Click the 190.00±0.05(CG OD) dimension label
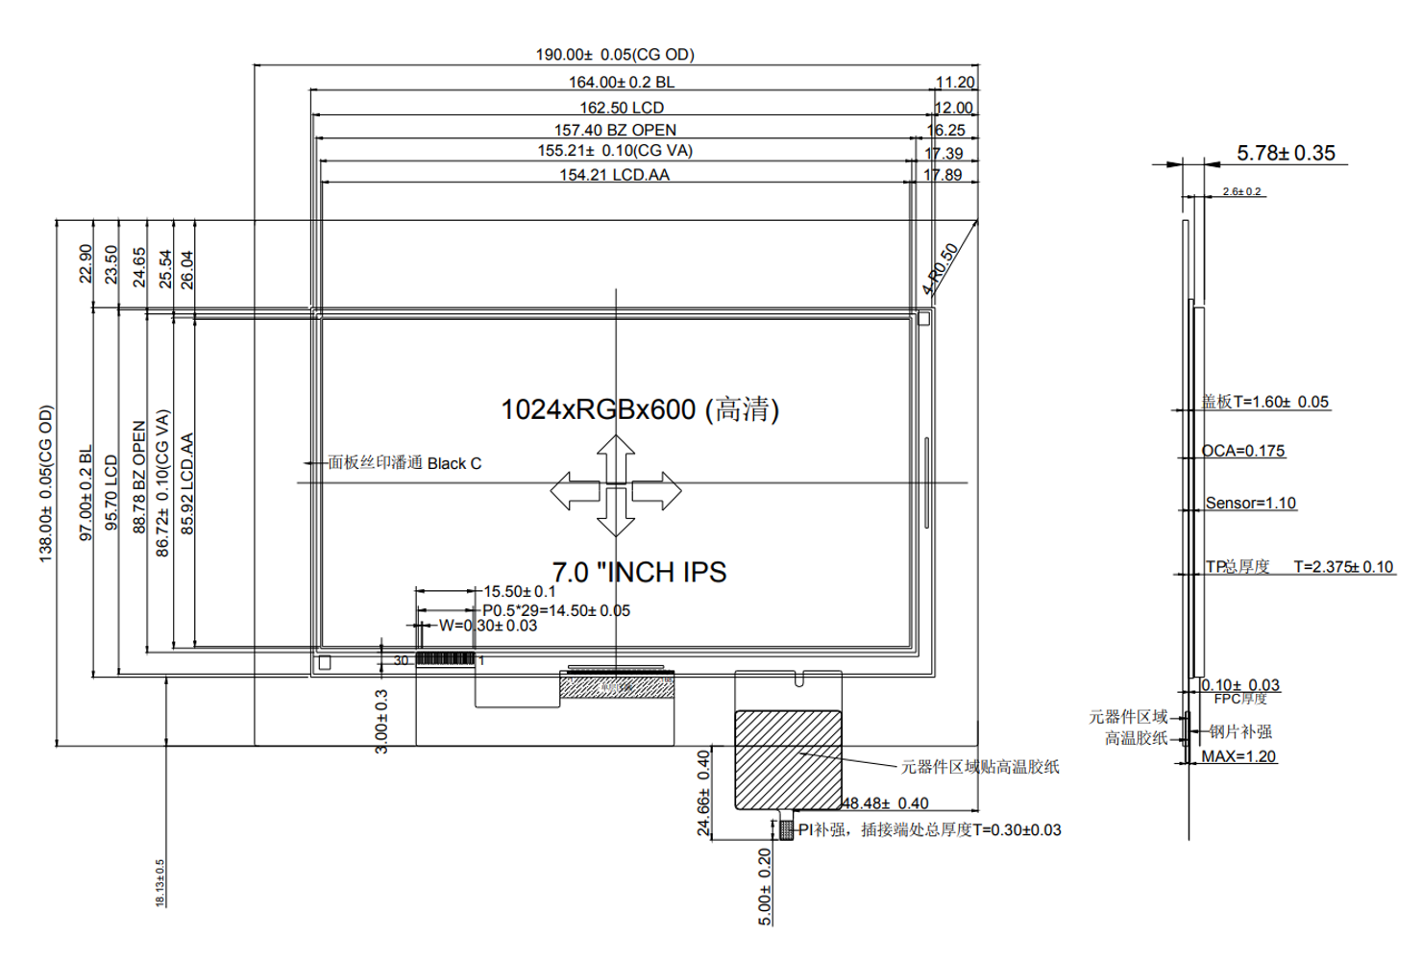coord(615,55)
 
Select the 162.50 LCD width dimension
coord(621,108)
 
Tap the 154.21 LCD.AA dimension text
coord(614,175)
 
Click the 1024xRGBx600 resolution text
coord(639,409)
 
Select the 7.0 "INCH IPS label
coord(639,572)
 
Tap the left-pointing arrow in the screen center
coord(575,491)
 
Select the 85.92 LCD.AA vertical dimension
coord(187,483)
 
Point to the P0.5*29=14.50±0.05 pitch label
coord(556,610)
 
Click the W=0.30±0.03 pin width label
coord(488,626)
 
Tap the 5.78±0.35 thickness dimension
coord(1286,153)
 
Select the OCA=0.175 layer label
coord(1242,451)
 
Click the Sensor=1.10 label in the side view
coord(1250,503)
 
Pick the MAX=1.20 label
coord(1238,756)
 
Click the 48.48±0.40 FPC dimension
coord(886,803)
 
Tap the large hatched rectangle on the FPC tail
coord(788,759)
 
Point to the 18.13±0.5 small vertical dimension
coord(160,882)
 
